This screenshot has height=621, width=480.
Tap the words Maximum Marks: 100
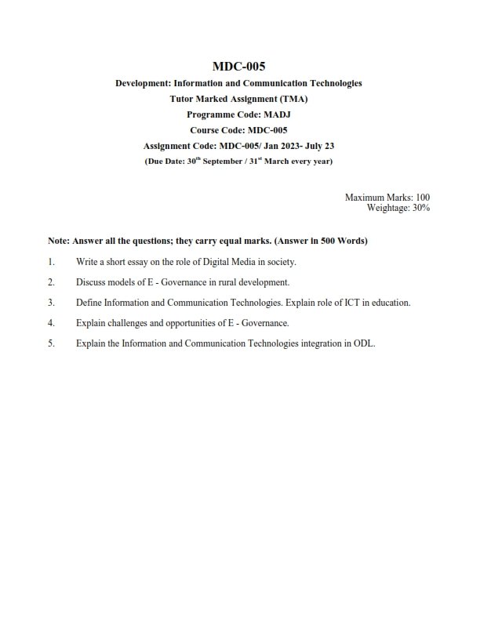tap(387, 198)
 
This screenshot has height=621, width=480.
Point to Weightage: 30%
tap(398, 208)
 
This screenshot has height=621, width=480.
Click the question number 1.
tap(51, 261)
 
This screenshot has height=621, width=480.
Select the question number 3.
tap(51, 302)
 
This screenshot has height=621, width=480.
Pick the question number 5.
tap(51, 343)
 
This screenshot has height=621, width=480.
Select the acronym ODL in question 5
tap(364, 343)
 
